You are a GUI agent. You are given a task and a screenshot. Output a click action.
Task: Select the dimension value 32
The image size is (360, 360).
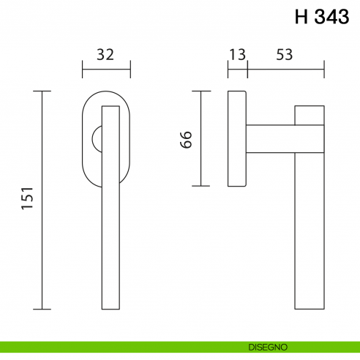[x=106, y=54]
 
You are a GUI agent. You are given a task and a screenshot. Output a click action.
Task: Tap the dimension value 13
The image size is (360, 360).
[x=236, y=54]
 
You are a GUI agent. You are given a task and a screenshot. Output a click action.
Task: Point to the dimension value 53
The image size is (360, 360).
[x=285, y=54]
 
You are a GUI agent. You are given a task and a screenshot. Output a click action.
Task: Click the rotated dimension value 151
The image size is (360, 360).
[x=28, y=200]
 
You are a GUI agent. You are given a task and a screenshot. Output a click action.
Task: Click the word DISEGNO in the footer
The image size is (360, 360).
[x=267, y=346]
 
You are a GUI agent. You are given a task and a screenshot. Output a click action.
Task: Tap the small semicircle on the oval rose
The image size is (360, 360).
[x=95, y=139]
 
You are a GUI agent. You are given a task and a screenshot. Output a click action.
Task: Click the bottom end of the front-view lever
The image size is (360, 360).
[x=110, y=306]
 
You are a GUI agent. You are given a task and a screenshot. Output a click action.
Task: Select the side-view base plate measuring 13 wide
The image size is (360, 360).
[x=237, y=139]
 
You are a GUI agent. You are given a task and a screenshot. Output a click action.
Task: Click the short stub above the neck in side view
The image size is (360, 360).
[x=310, y=115]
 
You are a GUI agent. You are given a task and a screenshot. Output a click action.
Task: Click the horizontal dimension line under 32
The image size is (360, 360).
[x=106, y=71]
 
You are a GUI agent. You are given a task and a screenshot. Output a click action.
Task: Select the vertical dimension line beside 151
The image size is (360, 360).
[x=43, y=200]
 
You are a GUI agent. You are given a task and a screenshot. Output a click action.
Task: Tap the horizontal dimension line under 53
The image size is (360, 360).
[x=285, y=71]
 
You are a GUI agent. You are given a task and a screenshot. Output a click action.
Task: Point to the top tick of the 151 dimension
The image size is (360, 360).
[x=43, y=91]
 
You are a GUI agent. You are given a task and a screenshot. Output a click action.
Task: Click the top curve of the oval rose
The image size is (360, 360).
[x=106, y=93]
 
